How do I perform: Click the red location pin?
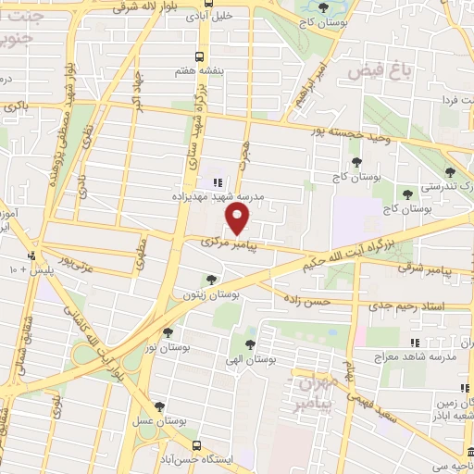pos(239,219)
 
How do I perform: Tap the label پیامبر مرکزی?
pos(225,243)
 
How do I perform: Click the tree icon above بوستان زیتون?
pos(212,280)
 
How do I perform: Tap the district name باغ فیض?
pos(368,69)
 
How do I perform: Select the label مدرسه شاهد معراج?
pos(387,355)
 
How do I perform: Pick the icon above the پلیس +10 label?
pos(32,256)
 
